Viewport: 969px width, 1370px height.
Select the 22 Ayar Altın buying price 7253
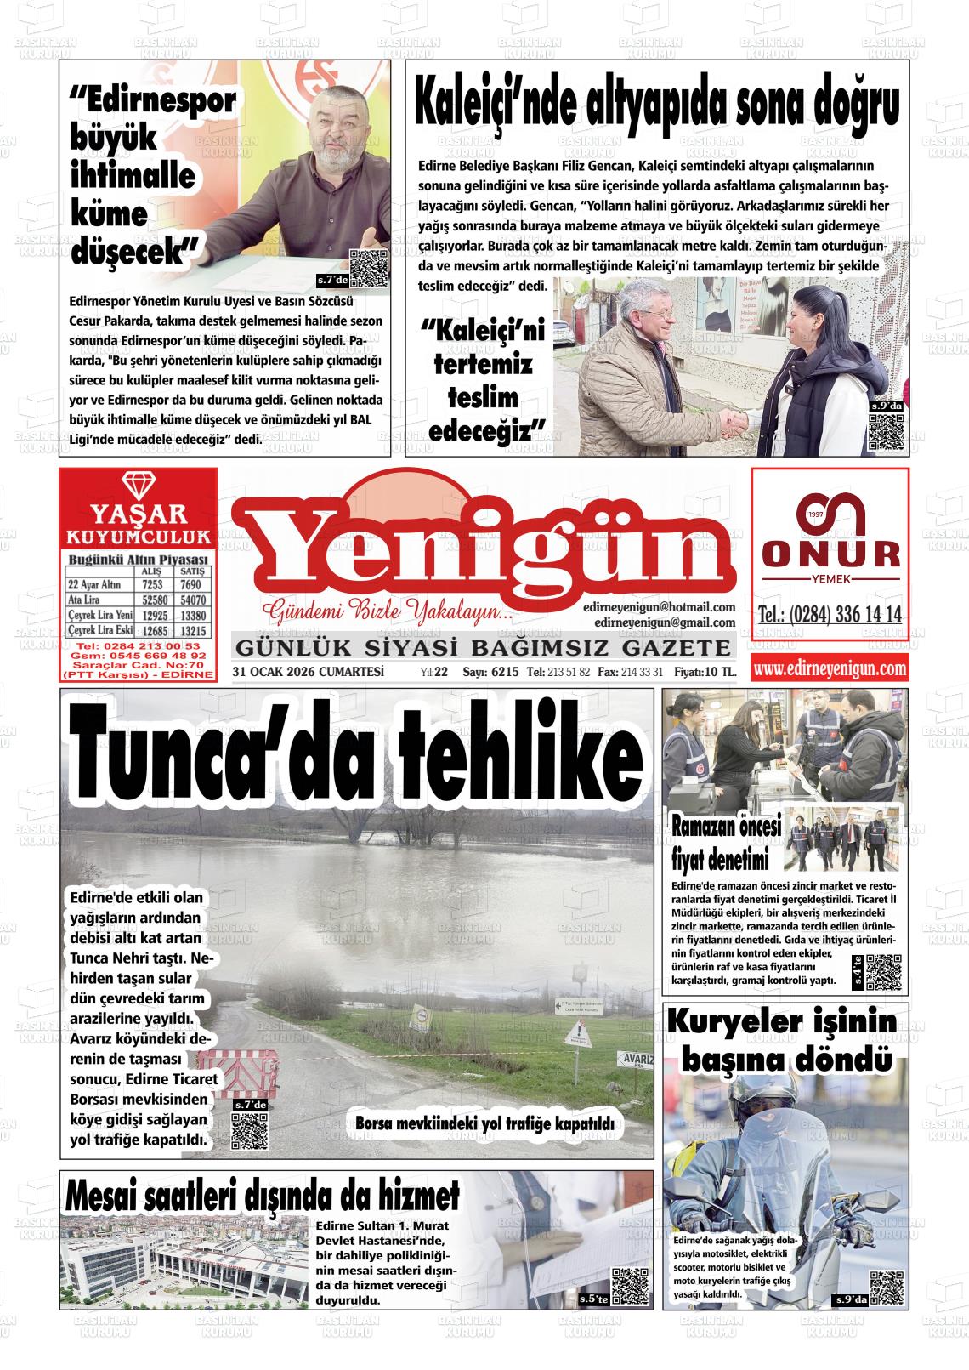(153, 585)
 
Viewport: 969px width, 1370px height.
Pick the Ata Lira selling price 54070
(192, 600)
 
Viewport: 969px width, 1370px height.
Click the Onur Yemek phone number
(830, 616)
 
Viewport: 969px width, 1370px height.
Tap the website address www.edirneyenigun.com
(830, 669)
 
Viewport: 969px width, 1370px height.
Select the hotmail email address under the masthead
(660, 607)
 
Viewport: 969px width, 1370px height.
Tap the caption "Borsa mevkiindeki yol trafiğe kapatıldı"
(484, 1123)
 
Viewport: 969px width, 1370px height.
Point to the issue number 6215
(504, 672)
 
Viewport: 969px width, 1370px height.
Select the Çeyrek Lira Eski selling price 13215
(192, 631)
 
